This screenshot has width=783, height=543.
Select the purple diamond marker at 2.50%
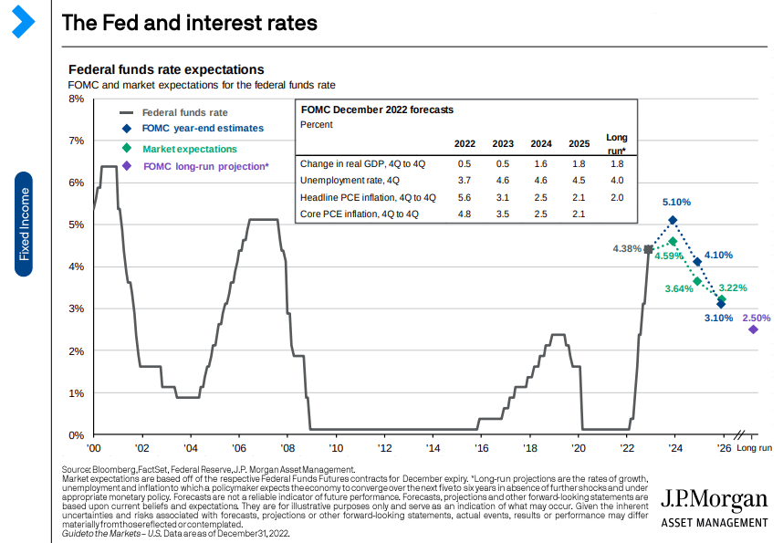click(x=753, y=329)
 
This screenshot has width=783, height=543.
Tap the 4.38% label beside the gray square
click(x=627, y=249)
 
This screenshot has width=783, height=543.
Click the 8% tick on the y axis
click(x=77, y=98)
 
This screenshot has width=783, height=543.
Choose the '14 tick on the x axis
click(x=432, y=449)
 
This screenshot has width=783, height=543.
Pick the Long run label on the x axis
click(x=754, y=449)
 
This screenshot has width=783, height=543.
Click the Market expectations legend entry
click(x=189, y=149)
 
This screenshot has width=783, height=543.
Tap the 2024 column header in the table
click(x=540, y=144)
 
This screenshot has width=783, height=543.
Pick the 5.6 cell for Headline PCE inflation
click(x=465, y=198)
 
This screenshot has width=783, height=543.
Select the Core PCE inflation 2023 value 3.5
click(x=503, y=214)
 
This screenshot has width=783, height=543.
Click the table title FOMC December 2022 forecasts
click(x=377, y=110)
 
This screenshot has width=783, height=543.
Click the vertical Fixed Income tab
click(x=25, y=224)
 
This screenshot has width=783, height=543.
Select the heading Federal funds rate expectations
click(x=166, y=69)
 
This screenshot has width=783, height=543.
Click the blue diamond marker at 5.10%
click(x=673, y=220)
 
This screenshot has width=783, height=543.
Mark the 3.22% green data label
click(x=732, y=287)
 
